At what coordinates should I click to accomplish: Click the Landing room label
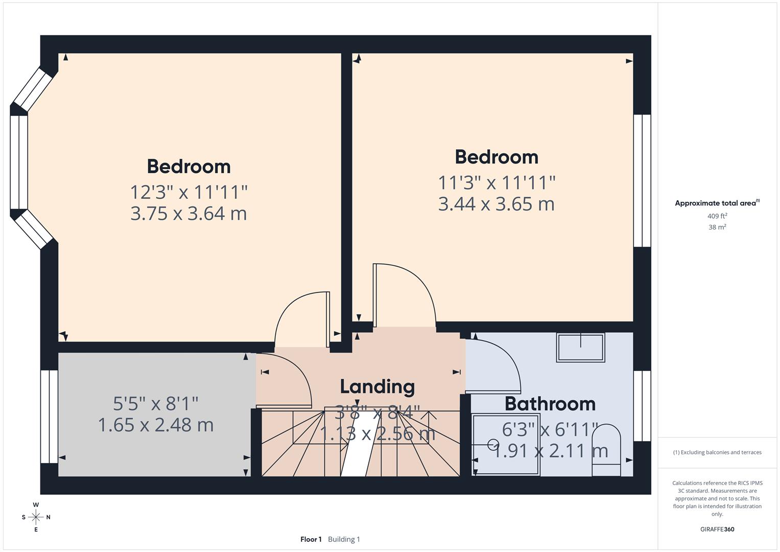377,387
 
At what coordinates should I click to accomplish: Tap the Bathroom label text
550,404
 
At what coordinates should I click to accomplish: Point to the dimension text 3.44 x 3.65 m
496,204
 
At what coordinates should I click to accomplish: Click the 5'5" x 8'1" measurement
155,404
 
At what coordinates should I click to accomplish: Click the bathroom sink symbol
580,348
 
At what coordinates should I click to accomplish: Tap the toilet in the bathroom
606,450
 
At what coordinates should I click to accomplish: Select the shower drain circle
493,444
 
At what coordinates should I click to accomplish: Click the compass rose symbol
36,517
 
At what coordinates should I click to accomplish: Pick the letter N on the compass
49,517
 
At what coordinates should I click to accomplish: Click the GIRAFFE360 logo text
717,530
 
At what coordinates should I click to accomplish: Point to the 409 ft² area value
717,216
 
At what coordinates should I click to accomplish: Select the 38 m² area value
717,227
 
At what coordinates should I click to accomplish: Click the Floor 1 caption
311,539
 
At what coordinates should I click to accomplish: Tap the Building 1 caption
344,539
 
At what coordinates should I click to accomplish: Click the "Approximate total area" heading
716,203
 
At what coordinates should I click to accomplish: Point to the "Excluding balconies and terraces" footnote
717,452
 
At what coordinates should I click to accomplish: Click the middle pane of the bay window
19,162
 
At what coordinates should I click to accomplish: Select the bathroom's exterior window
642,406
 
